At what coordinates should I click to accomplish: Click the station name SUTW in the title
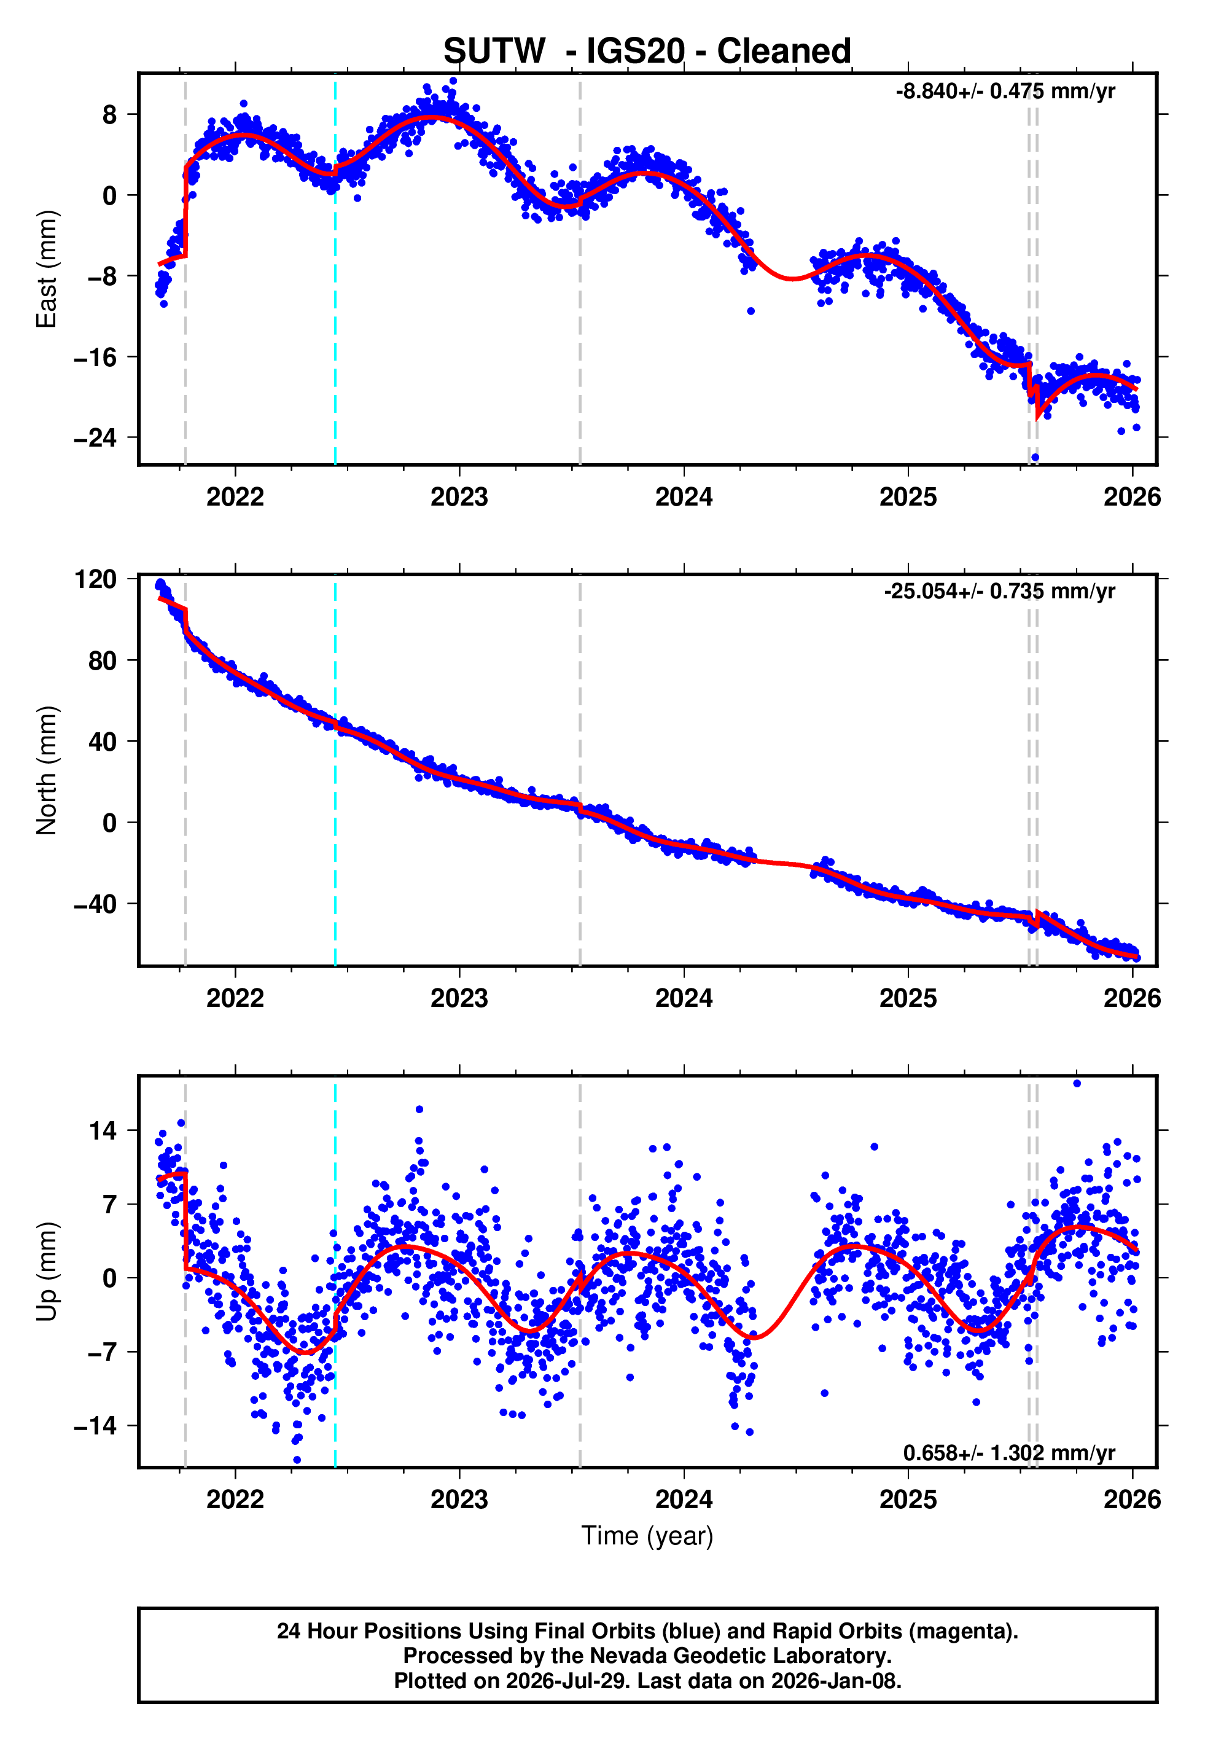coord(494,52)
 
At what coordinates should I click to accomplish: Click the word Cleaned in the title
coord(784,52)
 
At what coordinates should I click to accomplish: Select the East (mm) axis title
coord(47,269)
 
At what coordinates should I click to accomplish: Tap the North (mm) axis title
coord(47,770)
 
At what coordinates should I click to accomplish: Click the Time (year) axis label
coord(647,1536)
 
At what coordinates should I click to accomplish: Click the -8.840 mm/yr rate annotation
coord(1005,92)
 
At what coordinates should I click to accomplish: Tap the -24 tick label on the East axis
coord(95,438)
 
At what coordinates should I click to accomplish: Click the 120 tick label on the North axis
coord(96,580)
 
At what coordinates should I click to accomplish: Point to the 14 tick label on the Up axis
coord(103,1131)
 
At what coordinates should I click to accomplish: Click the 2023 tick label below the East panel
coord(459,497)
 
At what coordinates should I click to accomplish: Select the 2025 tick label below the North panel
coord(908,998)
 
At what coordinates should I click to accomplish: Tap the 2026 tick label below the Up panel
coord(1132,1500)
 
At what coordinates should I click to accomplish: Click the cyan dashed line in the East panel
coord(335,270)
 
